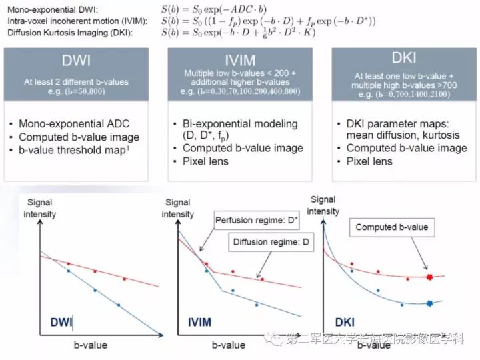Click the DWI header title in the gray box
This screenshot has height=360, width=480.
coord(76,60)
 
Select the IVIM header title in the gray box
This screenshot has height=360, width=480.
coord(240,60)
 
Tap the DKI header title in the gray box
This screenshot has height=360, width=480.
coord(404,57)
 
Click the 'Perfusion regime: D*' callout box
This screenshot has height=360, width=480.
coord(257,220)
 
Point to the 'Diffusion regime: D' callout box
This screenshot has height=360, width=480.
coord(271,242)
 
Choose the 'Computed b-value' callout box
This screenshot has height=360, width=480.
coord(392,227)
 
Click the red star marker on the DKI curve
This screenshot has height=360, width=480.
coord(429,277)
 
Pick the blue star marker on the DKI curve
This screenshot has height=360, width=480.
coord(429,303)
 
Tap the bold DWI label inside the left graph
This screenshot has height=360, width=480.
coord(61,322)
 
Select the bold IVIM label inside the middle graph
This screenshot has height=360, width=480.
coord(199,322)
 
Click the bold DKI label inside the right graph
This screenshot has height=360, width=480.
coord(345,322)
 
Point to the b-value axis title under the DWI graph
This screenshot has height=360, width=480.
coord(91,345)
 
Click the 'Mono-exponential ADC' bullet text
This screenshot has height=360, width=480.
coord(74,124)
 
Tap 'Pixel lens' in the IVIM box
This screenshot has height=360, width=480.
coord(206,161)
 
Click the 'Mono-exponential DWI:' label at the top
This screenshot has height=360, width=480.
coord(53,9)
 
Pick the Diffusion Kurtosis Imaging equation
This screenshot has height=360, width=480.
coord(239,33)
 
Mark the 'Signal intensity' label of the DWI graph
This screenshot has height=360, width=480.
coord(40,208)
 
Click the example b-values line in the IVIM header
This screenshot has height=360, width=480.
coord(240,91)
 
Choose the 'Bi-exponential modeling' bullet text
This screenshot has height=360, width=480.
coord(240,124)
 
